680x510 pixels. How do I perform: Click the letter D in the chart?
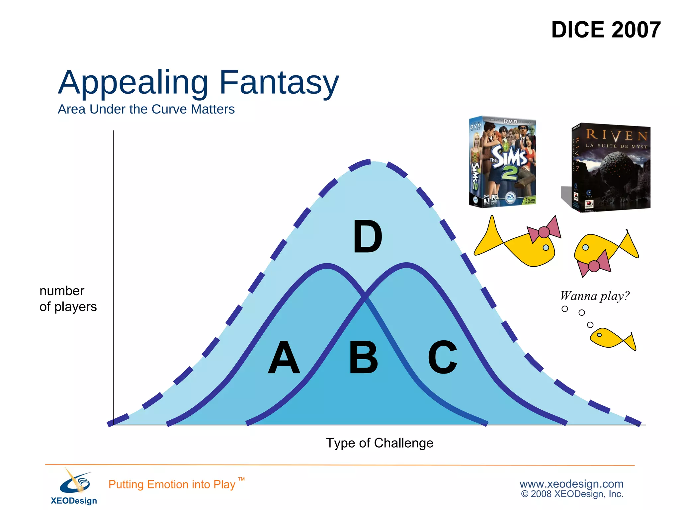click(x=367, y=236)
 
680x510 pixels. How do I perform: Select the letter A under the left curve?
click(x=284, y=357)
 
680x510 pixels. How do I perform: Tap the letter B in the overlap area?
click(x=364, y=357)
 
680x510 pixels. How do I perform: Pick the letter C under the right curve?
click(x=442, y=357)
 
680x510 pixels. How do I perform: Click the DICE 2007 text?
click(x=606, y=30)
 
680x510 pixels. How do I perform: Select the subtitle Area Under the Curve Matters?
click(x=146, y=109)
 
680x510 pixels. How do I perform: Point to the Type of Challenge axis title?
click(x=380, y=443)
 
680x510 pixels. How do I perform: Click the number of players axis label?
click(x=68, y=298)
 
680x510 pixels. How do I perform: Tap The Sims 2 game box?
click(x=503, y=162)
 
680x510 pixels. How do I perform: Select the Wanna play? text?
click(x=595, y=296)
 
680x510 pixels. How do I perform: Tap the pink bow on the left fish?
click(x=544, y=231)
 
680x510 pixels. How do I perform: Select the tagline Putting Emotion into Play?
click(x=172, y=484)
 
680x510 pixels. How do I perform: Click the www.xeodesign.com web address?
click(x=571, y=483)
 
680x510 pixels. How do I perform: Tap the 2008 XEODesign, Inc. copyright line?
click(x=572, y=494)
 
